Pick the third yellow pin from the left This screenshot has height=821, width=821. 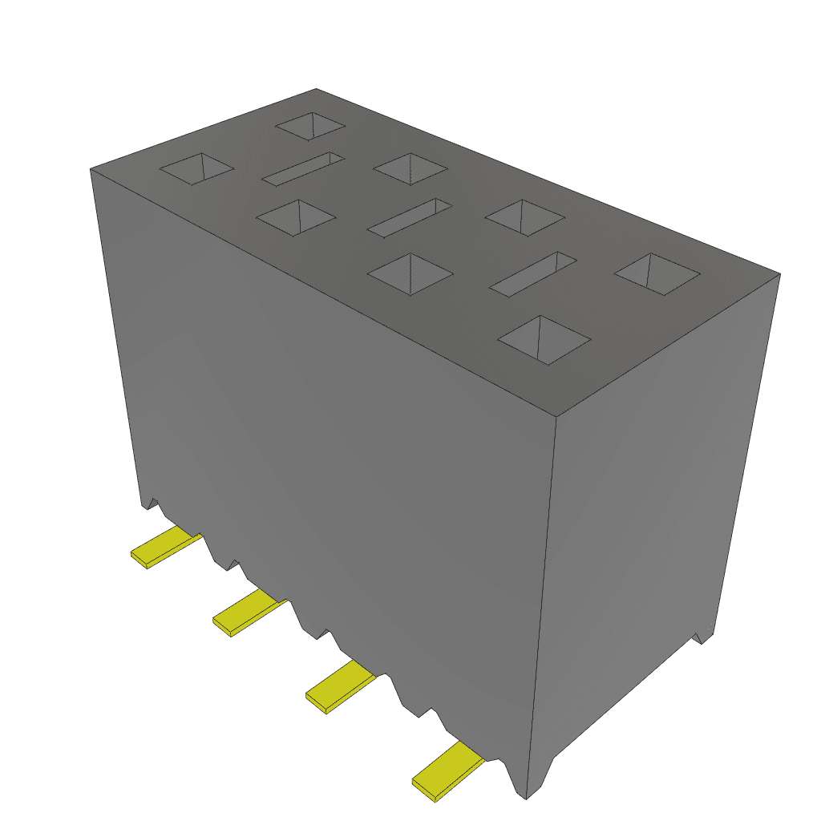click(340, 688)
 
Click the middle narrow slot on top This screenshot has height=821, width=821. click(410, 217)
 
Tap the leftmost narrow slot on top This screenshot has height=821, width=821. click(304, 168)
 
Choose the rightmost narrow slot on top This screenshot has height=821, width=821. click(533, 274)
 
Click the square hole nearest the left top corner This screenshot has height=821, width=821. click(197, 168)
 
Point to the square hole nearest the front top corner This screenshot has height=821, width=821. click(544, 340)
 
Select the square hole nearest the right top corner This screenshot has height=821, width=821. click(657, 274)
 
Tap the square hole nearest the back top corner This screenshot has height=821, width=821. click(310, 126)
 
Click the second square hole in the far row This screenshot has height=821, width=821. click(410, 168)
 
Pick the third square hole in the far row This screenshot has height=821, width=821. click(525, 217)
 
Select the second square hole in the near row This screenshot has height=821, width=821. click(296, 218)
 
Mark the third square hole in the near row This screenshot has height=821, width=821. click(410, 274)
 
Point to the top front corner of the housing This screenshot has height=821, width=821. click(556, 415)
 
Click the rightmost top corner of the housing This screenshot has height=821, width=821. click(779, 274)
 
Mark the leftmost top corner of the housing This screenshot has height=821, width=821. click(91, 169)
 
